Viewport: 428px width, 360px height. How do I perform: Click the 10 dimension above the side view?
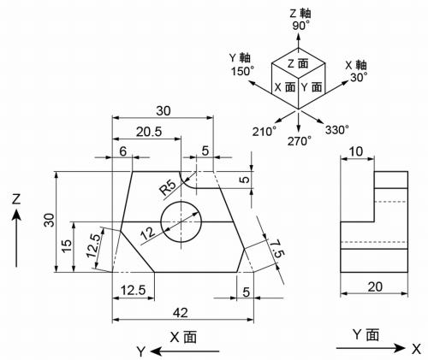tap(358, 151)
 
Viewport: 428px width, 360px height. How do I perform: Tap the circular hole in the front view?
tap(181, 222)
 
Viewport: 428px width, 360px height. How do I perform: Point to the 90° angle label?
tap(300, 27)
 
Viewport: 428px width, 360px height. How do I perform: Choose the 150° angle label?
tap(243, 71)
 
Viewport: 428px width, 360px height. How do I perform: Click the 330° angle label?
tap(336, 130)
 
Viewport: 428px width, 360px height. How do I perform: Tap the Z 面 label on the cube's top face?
tap(299, 63)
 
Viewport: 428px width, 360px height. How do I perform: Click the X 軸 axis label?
tap(356, 64)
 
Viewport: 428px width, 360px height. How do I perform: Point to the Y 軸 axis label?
tap(241, 57)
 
